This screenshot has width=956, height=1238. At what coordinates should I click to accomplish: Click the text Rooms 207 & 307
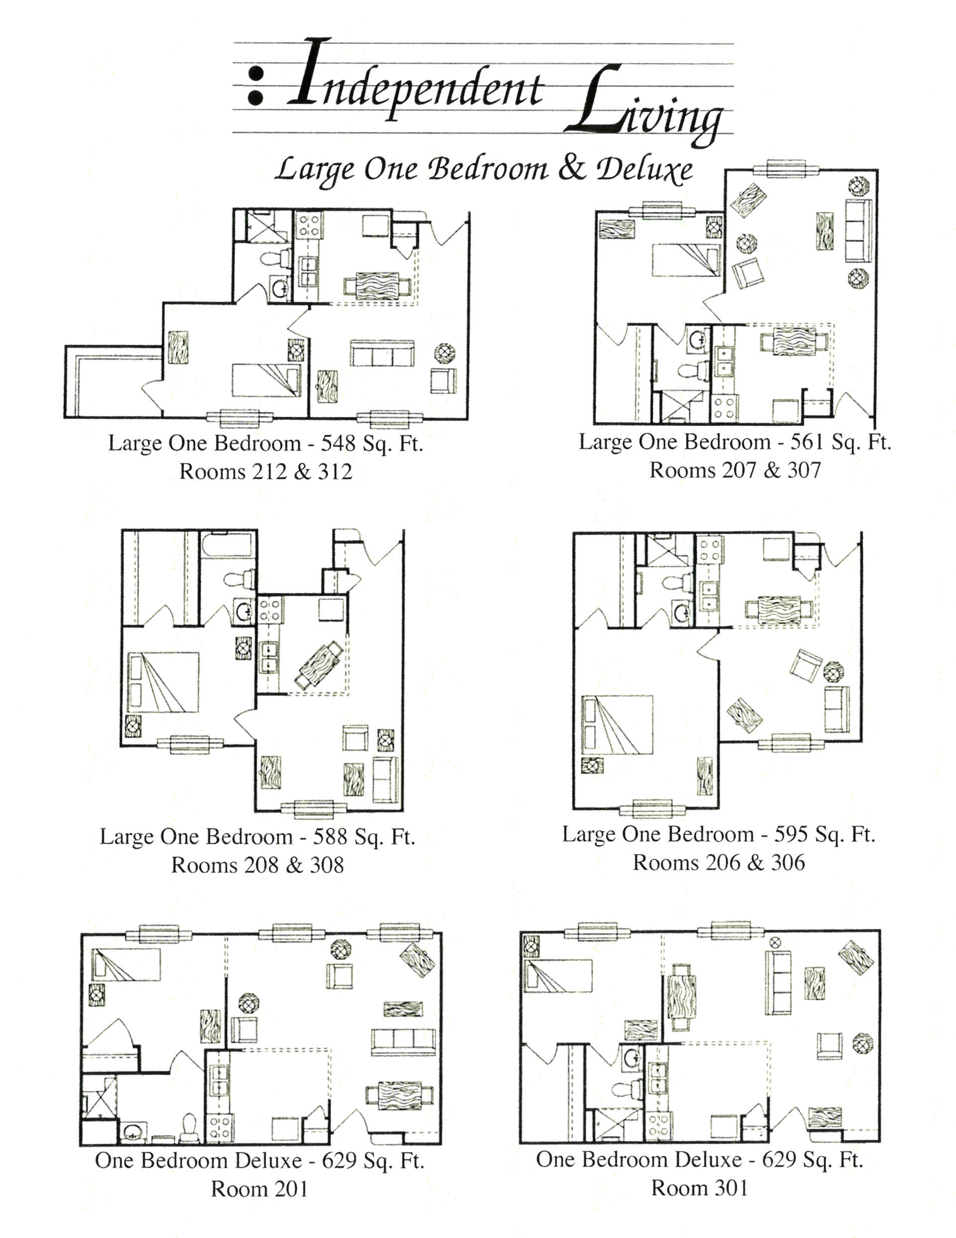(x=734, y=470)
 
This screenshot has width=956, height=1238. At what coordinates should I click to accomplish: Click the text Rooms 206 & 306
(x=718, y=863)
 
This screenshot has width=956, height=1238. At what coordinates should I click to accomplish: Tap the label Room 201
(x=259, y=1189)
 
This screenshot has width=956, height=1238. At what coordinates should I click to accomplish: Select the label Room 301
(x=699, y=1188)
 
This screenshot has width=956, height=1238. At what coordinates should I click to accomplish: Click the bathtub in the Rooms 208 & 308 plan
(x=227, y=544)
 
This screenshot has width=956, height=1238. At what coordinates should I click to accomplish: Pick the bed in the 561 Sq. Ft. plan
(x=686, y=260)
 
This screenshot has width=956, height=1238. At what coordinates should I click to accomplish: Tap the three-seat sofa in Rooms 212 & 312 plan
(x=381, y=354)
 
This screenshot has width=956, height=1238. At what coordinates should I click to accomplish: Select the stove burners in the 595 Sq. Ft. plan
(x=710, y=550)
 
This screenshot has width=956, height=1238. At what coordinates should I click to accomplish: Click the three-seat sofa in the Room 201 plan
(x=403, y=1041)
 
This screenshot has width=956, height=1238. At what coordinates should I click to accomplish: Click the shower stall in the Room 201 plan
(x=100, y=1097)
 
